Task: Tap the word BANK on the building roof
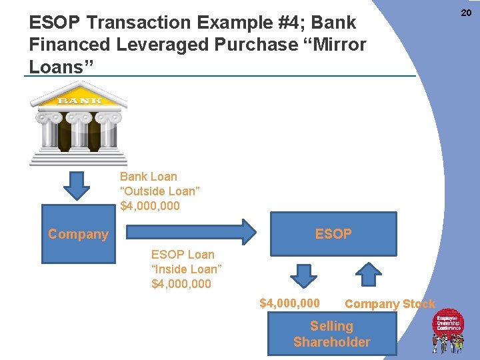click(79, 100)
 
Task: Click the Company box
click(78, 234)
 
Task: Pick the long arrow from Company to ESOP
click(191, 231)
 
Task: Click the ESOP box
click(333, 234)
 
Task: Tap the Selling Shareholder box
click(331, 334)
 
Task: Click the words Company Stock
click(389, 304)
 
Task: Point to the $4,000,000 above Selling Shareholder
click(289, 303)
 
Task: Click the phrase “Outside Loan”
click(160, 191)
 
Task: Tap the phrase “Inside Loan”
click(186, 269)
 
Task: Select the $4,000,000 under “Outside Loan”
click(150, 206)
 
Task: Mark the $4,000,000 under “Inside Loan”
click(181, 284)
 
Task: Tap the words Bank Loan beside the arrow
click(149, 177)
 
